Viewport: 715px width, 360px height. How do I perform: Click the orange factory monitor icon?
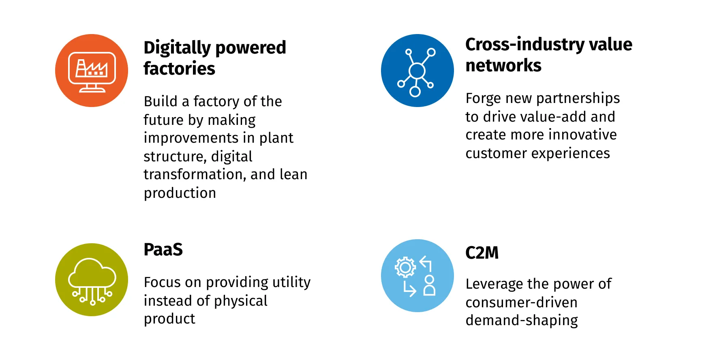[92, 71]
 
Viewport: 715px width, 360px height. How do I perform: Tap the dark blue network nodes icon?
[417, 71]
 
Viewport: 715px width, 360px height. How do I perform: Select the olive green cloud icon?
[92, 280]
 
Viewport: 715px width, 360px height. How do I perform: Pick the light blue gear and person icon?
[417, 276]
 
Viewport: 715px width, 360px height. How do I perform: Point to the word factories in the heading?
[179, 69]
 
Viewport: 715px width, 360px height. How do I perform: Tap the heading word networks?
[503, 65]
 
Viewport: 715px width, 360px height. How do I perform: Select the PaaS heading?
[163, 249]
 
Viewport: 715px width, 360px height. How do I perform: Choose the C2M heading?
[482, 253]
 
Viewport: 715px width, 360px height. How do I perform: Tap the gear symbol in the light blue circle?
[405, 267]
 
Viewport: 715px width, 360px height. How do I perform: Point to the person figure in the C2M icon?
[429, 285]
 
